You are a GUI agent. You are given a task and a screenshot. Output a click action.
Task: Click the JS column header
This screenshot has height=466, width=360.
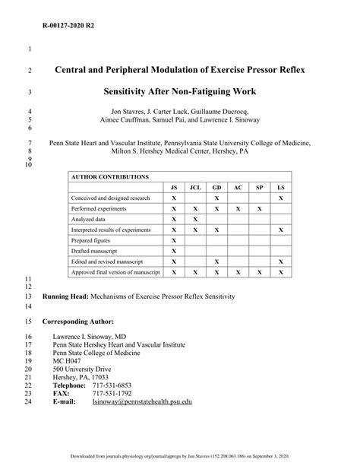coord(173,186)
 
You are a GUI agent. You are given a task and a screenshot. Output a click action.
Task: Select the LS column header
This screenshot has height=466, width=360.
coord(280,186)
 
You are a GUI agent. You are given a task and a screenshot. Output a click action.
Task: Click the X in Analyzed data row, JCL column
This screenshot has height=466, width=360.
coord(195,218)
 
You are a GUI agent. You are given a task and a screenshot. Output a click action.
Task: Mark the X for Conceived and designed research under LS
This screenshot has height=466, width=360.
coord(280,197)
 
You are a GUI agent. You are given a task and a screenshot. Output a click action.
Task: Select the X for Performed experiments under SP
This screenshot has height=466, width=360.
coord(259,208)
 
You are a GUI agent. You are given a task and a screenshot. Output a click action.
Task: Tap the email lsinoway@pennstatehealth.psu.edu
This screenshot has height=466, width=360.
coord(142,401)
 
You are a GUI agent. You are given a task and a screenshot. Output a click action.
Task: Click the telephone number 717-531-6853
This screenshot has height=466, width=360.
coord(112,385)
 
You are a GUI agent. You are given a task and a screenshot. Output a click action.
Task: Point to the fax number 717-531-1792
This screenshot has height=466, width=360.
coord(112,393)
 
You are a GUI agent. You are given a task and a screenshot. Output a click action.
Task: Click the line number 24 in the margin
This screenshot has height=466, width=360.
coord(29,401)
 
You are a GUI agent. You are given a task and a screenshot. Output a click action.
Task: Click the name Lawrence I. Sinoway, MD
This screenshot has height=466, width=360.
coord(89,334)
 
